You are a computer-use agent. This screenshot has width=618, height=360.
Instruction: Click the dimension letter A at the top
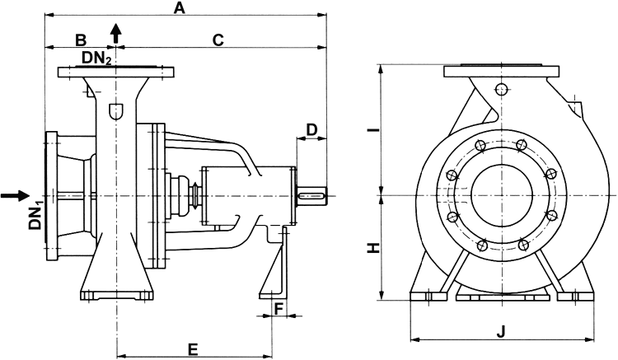point(180,8)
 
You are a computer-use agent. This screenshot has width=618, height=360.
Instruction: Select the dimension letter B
point(81,40)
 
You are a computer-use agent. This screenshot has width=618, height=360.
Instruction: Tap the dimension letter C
point(218,40)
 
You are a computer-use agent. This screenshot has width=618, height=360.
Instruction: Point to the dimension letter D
point(311,129)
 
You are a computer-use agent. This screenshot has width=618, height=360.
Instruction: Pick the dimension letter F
point(279,309)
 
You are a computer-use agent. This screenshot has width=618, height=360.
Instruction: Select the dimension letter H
point(373,248)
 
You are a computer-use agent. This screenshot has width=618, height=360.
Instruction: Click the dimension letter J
point(500,333)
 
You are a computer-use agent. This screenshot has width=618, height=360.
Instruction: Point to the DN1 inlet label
point(36,219)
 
